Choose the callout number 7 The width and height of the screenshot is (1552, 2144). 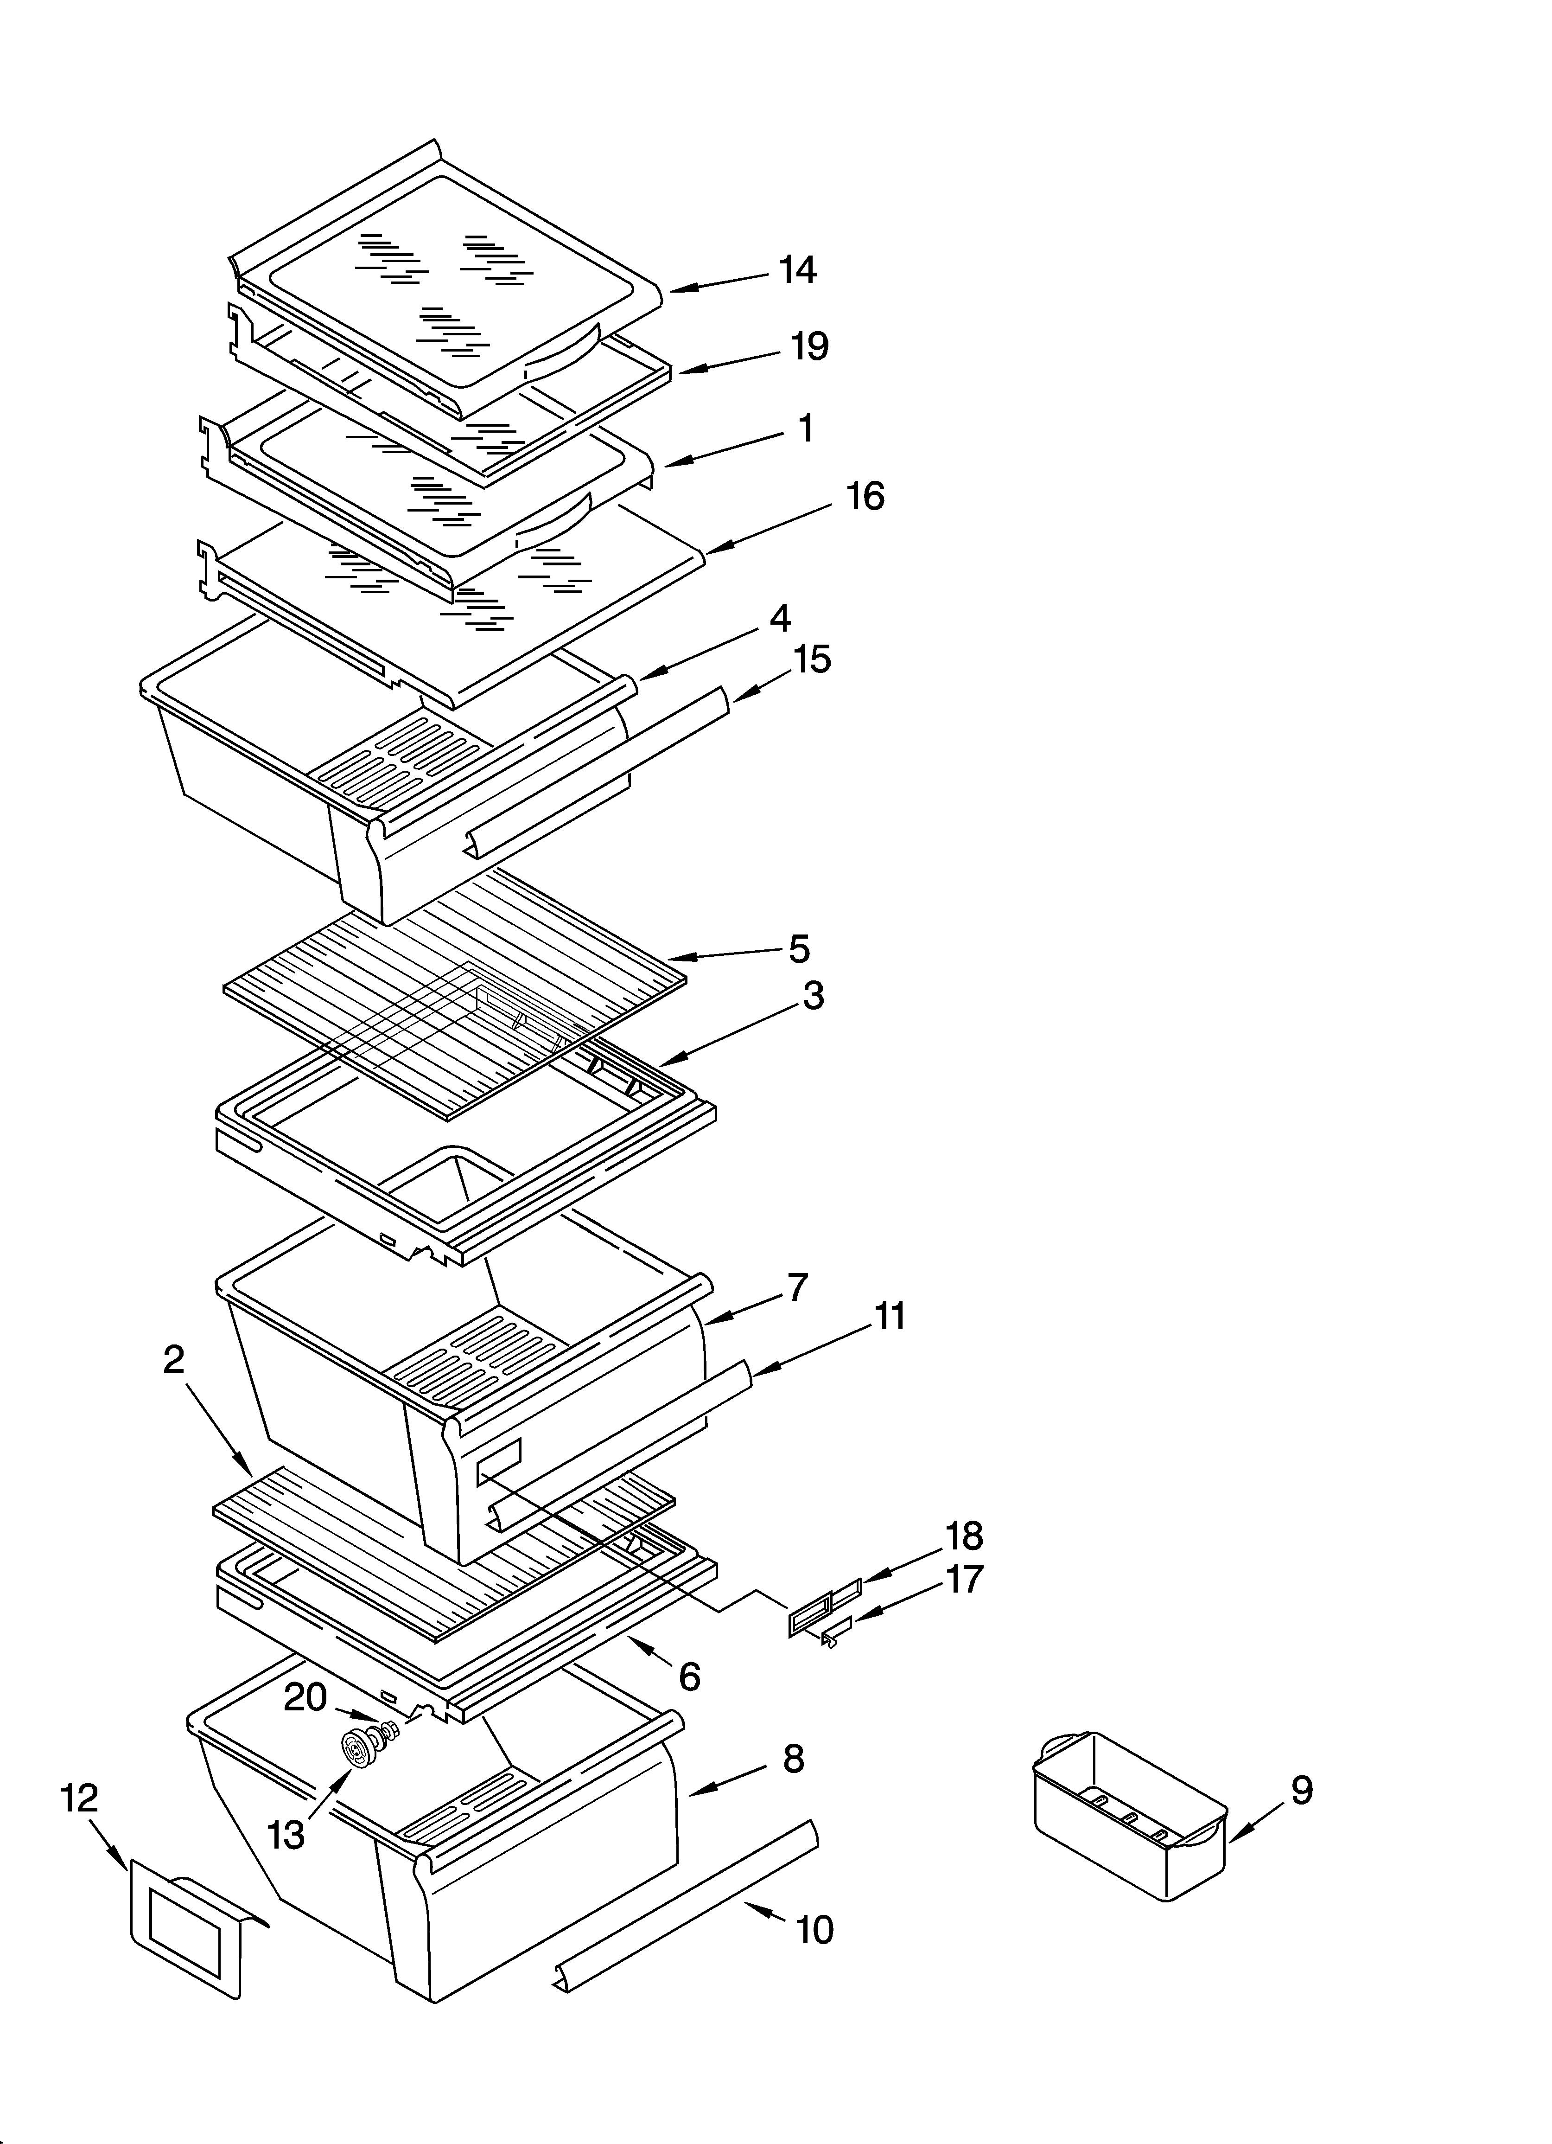point(798,1287)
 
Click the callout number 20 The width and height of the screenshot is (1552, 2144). point(305,1697)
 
